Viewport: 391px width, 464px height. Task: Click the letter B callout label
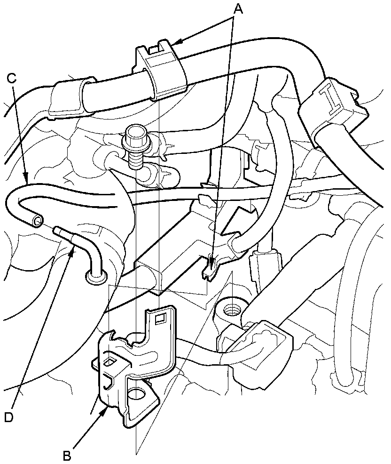(68, 455)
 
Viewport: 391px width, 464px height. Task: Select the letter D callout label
(8, 417)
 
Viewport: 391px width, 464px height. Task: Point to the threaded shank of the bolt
(135, 160)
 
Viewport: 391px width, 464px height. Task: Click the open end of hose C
(37, 220)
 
